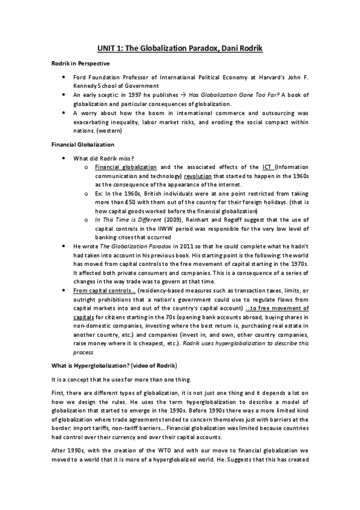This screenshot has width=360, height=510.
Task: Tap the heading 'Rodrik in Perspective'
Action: pyautogui.click(x=78, y=63)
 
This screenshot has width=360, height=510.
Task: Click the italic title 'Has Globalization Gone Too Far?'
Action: pyautogui.click(x=231, y=95)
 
